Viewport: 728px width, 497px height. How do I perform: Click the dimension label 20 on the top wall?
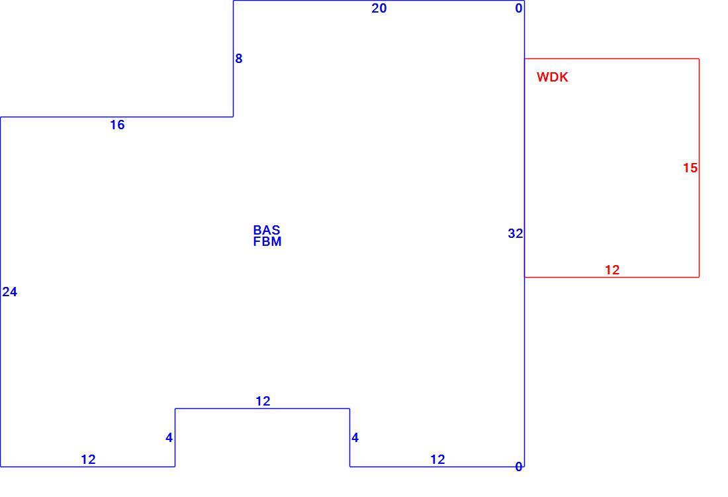(x=379, y=9)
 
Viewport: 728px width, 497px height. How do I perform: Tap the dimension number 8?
(x=239, y=58)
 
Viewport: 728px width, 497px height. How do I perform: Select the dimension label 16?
(x=117, y=125)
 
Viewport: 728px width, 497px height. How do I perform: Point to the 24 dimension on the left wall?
(x=10, y=292)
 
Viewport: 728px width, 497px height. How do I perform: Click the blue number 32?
(x=516, y=233)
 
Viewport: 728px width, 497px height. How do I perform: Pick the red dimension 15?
(x=690, y=168)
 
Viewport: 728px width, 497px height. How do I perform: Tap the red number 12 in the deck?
(x=612, y=270)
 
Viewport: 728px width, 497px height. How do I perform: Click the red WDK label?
(x=553, y=77)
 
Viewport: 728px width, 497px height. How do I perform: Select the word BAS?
(x=267, y=230)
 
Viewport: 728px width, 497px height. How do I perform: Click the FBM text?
(x=267, y=241)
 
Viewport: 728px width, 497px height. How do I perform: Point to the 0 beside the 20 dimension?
(x=519, y=9)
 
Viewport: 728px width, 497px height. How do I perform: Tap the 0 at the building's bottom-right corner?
(x=519, y=467)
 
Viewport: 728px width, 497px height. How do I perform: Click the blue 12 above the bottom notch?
(x=263, y=401)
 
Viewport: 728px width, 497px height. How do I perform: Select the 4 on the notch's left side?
(x=169, y=437)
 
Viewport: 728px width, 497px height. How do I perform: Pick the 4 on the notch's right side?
(x=355, y=437)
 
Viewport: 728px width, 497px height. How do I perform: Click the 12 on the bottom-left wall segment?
(x=88, y=459)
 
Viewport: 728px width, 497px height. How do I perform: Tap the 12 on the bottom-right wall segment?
(x=438, y=459)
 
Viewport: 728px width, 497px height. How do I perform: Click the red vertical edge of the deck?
(x=700, y=168)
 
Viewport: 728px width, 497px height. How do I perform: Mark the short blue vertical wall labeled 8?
(x=233, y=58)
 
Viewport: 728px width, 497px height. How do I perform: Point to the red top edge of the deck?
(x=612, y=58)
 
